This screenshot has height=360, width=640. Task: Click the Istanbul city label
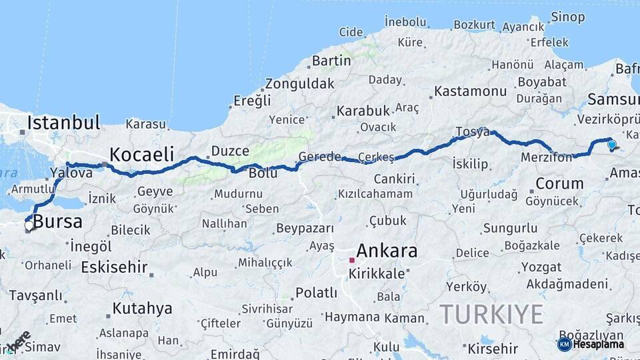(x=63, y=123)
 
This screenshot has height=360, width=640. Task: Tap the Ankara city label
(x=387, y=251)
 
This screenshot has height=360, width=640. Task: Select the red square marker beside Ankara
(x=352, y=259)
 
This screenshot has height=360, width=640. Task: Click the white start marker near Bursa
(x=29, y=226)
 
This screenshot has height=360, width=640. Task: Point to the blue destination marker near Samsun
(x=611, y=144)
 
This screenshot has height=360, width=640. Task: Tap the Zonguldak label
(x=299, y=85)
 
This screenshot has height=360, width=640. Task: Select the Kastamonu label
(x=471, y=91)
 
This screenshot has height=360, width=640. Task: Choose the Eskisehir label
(x=114, y=267)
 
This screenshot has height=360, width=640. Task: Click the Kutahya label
(x=142, y=309)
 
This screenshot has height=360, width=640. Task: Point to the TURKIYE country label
(x=491, y=313)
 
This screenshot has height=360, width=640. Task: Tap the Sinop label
(x=567, y=17)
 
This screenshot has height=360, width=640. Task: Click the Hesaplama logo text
(x=598, y=345)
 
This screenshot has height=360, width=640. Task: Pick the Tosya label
(x=473, y=131)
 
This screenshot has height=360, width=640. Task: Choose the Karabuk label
(x=363, y=111)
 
